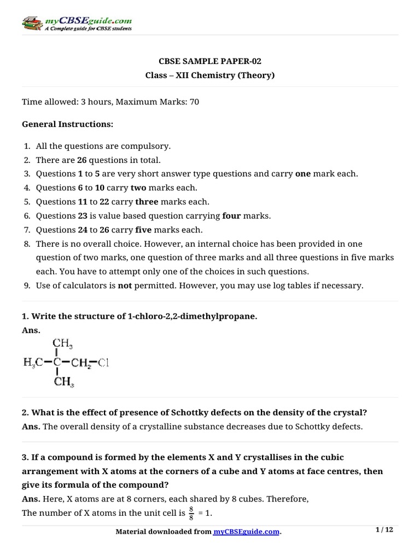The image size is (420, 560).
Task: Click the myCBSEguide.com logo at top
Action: click(77, 24)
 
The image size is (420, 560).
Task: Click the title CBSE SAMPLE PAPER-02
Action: click(209, 61)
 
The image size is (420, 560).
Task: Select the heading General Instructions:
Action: click(67, 124)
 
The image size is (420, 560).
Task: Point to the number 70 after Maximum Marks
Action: click(194, 102)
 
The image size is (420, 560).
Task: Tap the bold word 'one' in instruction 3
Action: click(303, 174)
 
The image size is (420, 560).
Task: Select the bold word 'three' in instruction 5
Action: click(147, 202)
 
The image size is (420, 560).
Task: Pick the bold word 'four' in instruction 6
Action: click(231, 216)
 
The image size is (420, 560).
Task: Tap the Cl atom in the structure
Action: click(103, 362)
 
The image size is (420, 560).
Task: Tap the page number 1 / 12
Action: click(385, 529)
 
